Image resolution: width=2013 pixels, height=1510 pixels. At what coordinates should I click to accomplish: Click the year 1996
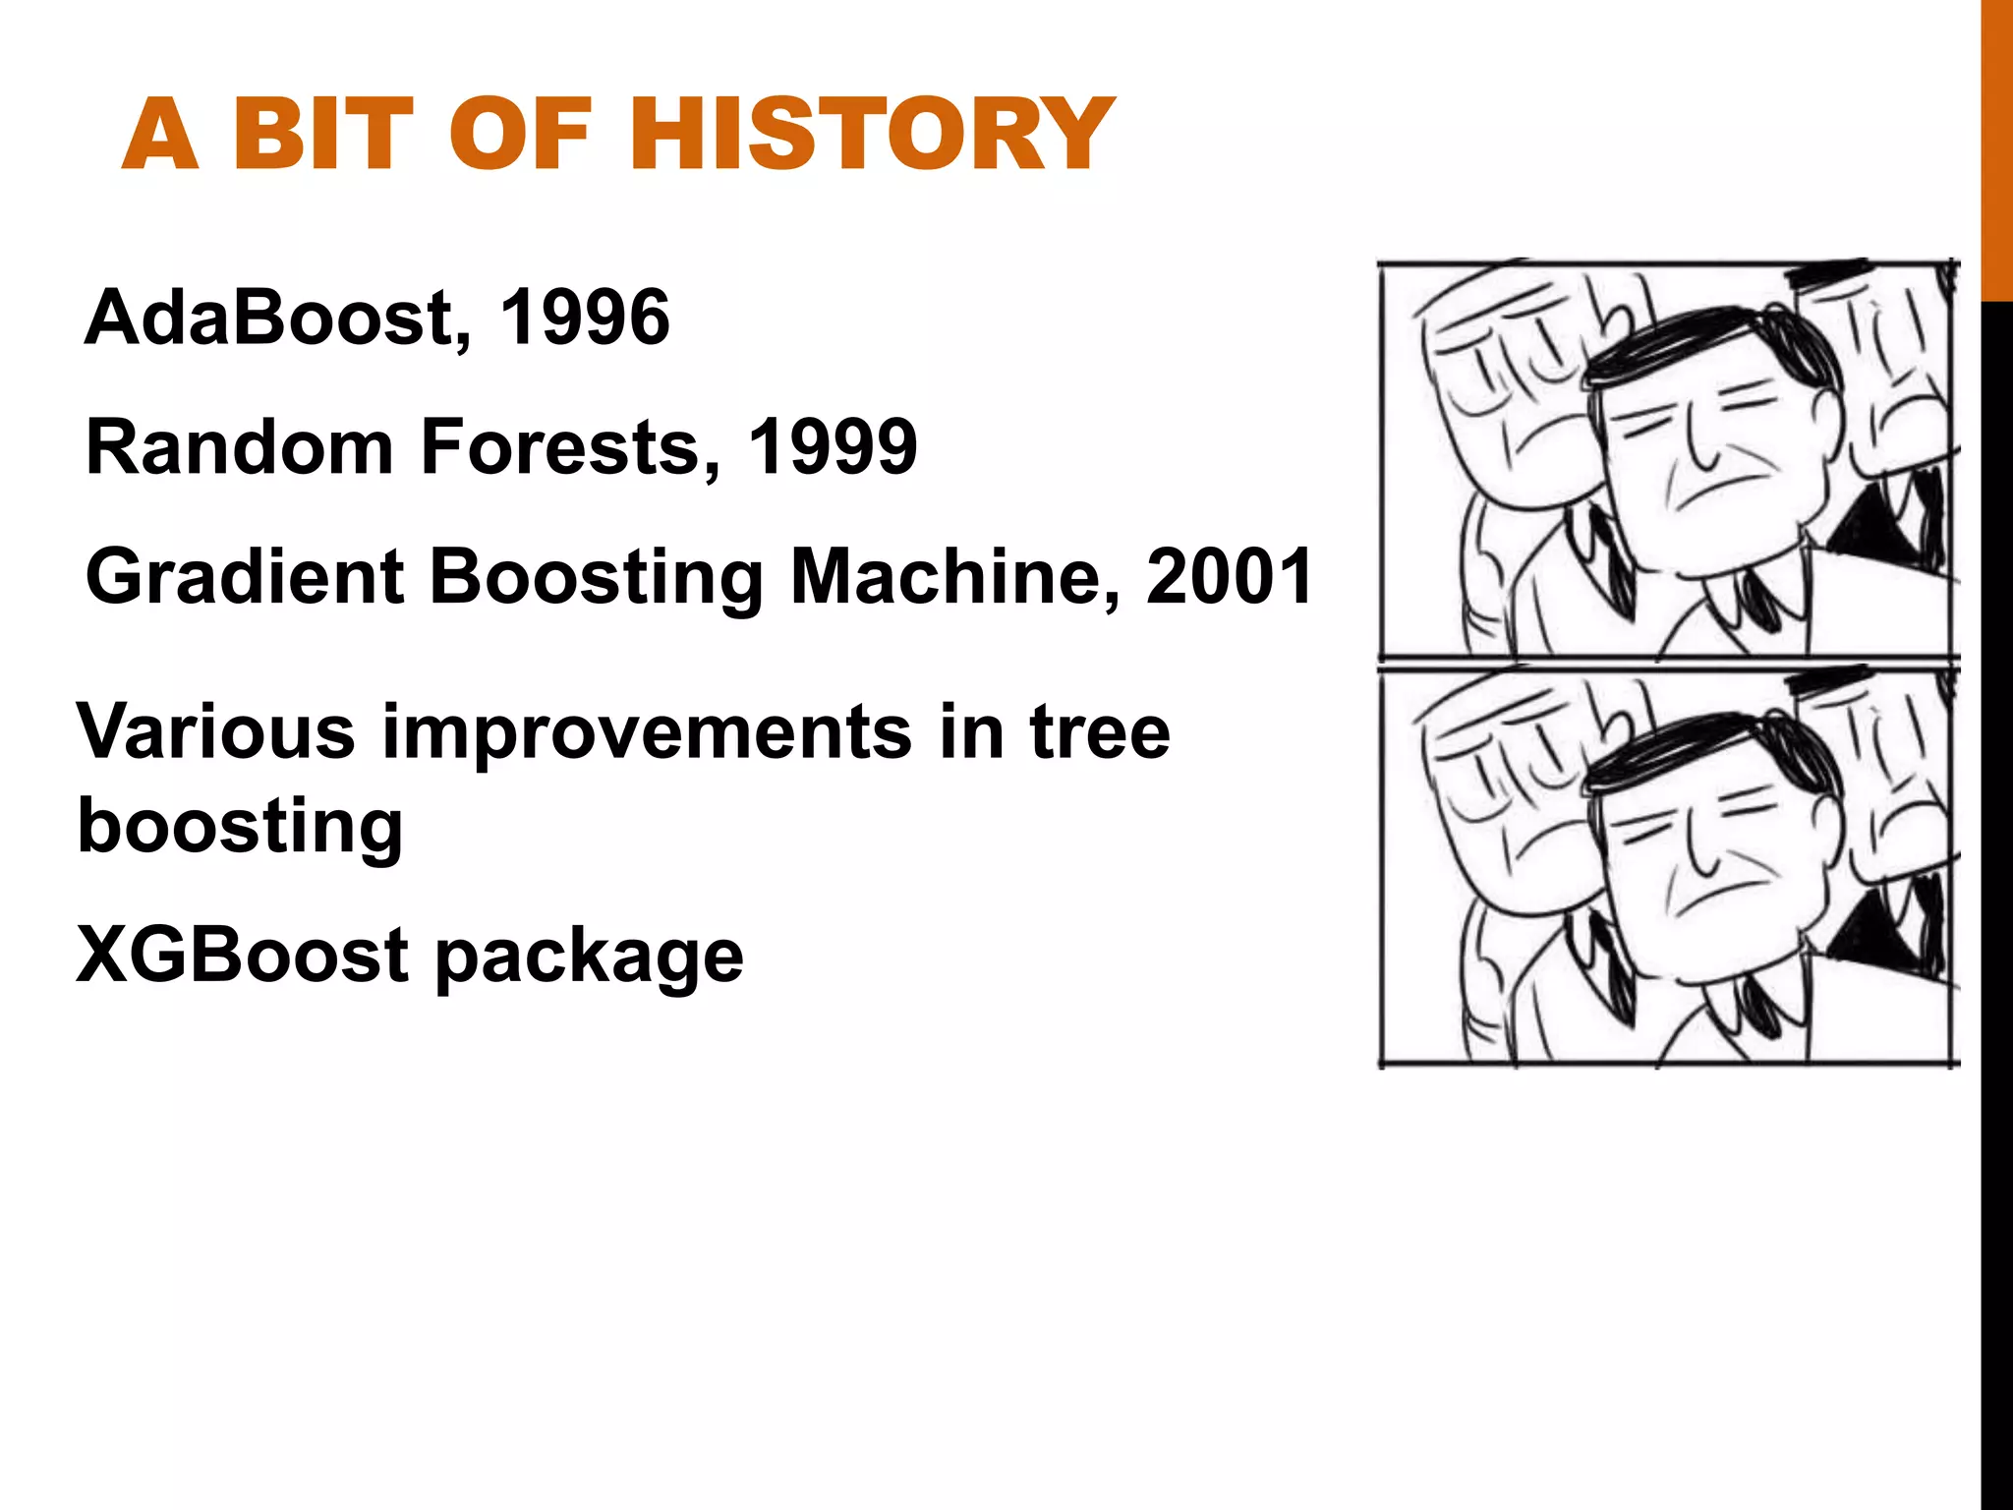(x=585, y=319)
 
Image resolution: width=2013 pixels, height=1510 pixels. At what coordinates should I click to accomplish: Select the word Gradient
(x=245, y=578)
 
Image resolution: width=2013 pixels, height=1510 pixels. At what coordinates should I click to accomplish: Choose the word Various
(x=215, y=732)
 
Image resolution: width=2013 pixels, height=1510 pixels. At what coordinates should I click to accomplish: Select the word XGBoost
(x=242, y=956)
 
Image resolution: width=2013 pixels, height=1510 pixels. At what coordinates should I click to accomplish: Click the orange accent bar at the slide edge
(x=1996, y=147)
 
